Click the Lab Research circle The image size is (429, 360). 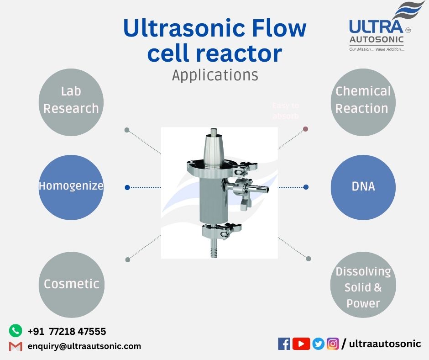coord(71,101)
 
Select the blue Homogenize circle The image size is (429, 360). coord(71,186)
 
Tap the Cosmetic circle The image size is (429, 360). coord(71,284)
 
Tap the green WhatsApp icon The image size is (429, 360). coord(16,330)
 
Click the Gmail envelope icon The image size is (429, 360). coord(16,346)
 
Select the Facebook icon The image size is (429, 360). coord(284,344)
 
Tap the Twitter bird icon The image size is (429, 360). coord(319,344)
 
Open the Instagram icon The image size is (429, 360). coord(333,344)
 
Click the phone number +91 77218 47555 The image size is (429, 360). coord(67,331)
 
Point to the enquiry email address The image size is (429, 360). coord(84,346)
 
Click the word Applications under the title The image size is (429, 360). coord(215,75)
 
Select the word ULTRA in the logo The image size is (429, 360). coord(376,27)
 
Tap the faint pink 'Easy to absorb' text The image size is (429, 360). coord(286,111)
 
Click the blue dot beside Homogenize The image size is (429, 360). coord(127,187)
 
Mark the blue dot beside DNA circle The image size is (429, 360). coord(306,187)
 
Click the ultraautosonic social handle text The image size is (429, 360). coord(385,344)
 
